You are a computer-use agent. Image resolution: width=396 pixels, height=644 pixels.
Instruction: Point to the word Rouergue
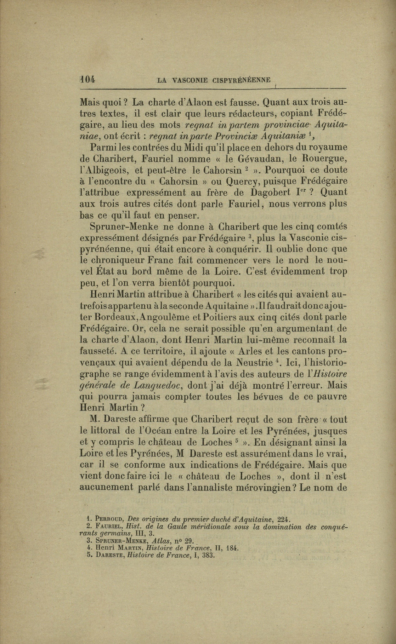pyautogui.click(x=324, y=158)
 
